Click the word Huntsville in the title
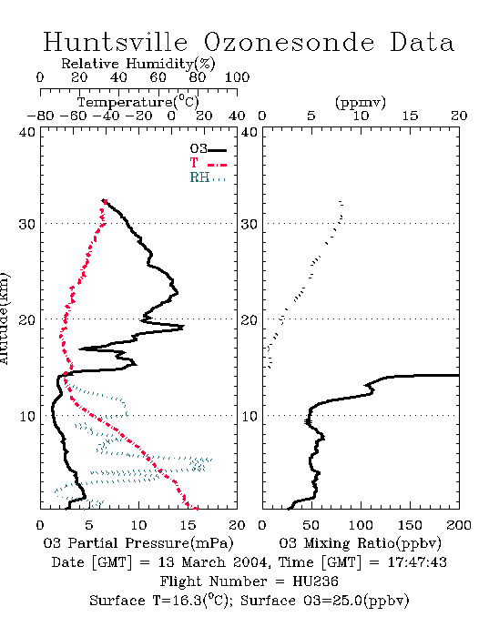(116, 42)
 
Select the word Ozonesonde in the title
(288, 42)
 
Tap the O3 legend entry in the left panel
(208, 149)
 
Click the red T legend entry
(208, 164)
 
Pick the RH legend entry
(208, 177)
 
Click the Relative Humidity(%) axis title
(138, 64)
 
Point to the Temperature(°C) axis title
(138, 102)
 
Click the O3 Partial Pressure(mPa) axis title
(138, 543)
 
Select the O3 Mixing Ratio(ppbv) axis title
(360, 543)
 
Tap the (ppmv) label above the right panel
(361, 103)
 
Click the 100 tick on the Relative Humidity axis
(237, 77)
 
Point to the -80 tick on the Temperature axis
(40, 116)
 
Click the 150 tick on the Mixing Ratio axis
(410, 525)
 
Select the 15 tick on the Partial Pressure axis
(188, 525)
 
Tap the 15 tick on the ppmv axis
(410, 116)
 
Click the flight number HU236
(315, 581)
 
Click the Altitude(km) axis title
(4, 318)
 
